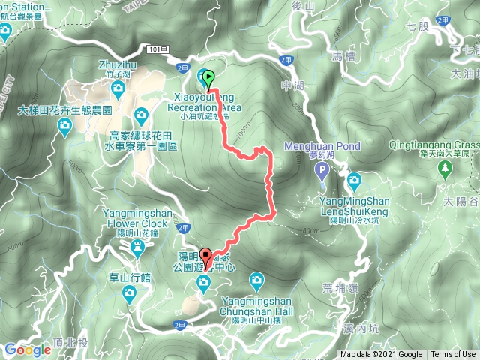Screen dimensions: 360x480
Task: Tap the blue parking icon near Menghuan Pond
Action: point(322,170)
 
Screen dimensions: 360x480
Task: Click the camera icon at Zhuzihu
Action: point(118,89)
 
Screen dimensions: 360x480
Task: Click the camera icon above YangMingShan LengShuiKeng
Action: point(353,180)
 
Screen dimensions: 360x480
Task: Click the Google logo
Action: point(27,349)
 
